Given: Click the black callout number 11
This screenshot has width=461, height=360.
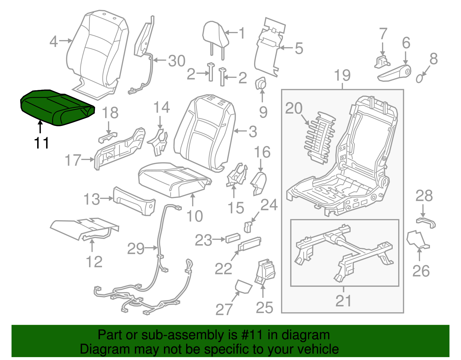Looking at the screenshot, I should pos(41,143).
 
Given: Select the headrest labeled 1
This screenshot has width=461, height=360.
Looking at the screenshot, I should pos(216,36).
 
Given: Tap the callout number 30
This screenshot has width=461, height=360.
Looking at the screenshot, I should pos(177,61).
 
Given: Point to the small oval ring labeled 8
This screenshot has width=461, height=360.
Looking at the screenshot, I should pos(420,78).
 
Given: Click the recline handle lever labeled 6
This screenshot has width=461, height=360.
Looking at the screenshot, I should pos(395,74).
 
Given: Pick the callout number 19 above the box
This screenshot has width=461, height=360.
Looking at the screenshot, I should pos(342,76).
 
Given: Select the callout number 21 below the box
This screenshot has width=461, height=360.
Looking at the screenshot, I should pos(343,301).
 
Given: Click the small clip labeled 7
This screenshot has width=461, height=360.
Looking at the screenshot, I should pos(382,62).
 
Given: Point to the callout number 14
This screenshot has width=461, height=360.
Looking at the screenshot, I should pos(161,108).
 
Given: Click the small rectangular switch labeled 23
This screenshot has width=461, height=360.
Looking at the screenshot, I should pos(233,238).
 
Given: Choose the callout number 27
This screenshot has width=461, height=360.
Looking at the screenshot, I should pos(224,309).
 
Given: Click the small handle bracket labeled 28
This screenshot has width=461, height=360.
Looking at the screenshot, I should pos(426,223).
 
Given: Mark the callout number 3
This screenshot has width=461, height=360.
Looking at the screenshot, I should pos(252,131).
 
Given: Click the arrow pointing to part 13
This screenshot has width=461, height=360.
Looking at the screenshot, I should pos(107,198).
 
